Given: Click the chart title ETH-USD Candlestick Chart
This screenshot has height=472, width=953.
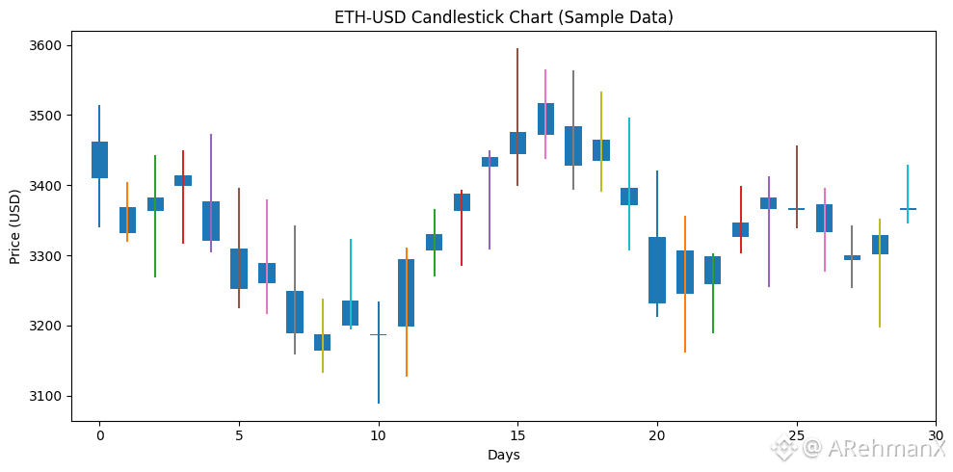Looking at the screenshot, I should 503,17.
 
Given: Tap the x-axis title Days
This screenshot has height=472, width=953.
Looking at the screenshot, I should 503,455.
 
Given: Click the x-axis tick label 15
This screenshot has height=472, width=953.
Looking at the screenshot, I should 517,435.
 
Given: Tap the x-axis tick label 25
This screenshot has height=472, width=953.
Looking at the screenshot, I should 796,435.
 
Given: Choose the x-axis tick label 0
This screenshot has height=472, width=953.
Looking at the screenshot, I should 99,435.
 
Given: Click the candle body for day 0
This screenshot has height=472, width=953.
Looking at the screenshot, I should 99,160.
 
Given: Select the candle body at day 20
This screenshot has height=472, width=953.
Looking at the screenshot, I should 657,270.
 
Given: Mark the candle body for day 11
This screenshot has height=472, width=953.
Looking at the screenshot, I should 406,293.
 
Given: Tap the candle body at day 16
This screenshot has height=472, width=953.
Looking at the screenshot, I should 545,118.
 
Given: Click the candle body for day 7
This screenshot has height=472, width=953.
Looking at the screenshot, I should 295,312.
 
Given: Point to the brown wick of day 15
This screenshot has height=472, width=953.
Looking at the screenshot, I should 517,77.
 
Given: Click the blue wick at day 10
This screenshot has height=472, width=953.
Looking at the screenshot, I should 378,376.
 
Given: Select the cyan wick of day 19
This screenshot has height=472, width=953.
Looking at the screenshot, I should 629,231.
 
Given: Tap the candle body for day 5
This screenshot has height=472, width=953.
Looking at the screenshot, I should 239,269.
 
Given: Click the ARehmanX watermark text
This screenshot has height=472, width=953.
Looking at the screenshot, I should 873,448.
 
